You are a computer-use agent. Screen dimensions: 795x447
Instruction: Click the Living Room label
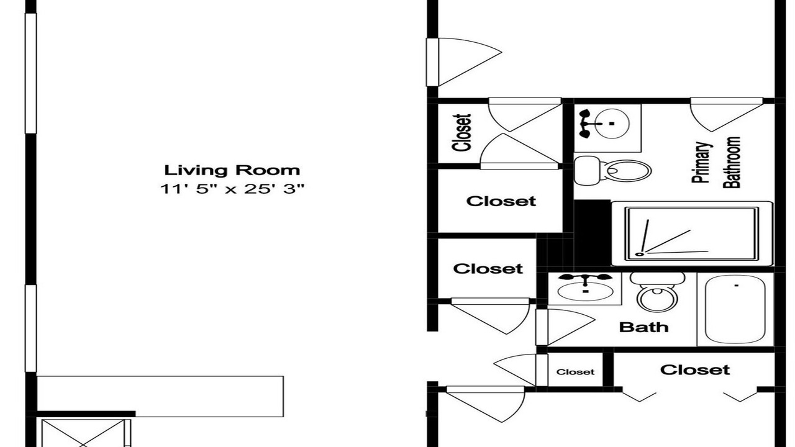[x=232, y=170]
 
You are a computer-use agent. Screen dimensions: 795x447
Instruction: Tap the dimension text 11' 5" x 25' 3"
[x=232, y=189]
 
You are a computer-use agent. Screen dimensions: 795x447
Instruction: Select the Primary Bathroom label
[x=717, y=163]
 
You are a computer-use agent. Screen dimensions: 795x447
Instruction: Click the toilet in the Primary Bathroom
[x=612, y=171]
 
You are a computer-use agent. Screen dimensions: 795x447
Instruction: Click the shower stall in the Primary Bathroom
[x=693, y=234]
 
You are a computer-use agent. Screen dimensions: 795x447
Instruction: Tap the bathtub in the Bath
[x=735, y=309]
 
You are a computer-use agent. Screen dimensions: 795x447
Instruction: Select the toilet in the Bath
[x=657, y=292]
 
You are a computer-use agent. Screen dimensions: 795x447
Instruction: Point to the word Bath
[x=644, y=327]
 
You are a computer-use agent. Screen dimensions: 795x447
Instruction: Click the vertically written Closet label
[x=461, y=133]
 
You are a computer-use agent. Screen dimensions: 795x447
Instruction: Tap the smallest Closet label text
[x=575, y=372]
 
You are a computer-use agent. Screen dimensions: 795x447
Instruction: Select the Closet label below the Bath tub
[x=695, y=370]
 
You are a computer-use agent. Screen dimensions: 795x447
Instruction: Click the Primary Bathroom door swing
[x=727, y=115]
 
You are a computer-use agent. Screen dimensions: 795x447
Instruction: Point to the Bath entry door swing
[x=565, y=327]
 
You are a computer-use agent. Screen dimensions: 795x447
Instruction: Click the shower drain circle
[x=639, y=254]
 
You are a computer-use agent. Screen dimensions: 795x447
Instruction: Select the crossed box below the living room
[x=83, y=433]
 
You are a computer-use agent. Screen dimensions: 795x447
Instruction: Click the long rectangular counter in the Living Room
[x=160, y=396]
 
